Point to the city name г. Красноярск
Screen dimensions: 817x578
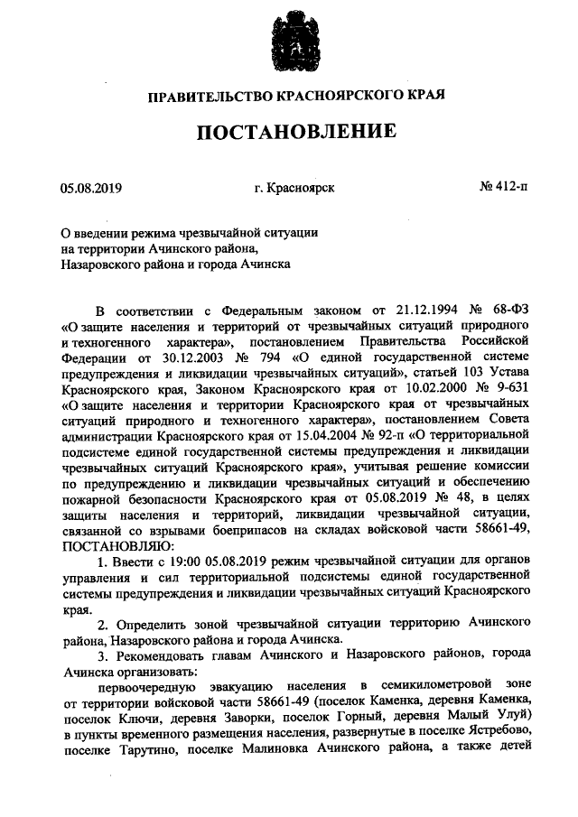click(x=294, y=189)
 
